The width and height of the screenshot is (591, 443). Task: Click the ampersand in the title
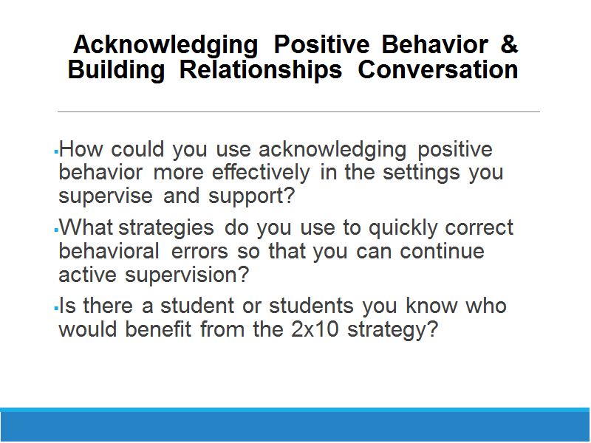(x=509, y=44)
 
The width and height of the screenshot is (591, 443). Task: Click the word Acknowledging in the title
(x=165, y=46)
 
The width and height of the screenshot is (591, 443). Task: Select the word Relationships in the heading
(x=261, y=71)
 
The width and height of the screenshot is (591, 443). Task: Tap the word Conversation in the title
(x=438, y=69)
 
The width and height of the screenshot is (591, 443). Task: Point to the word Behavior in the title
(x=435, y=44)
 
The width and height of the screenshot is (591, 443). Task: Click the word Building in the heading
(x=116, y=71)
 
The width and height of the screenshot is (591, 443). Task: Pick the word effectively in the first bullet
(x=261, y=174)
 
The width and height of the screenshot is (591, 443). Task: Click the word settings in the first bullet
(x=421, y=174)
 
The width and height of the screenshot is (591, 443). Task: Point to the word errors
(x=199, y=252)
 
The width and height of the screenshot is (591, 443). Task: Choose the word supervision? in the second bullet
(x=188, y=275)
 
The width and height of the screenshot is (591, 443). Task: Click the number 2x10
(x=315, y=329)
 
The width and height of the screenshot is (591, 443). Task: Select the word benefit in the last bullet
(x=158, y=329)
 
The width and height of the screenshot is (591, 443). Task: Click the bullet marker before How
(x=56, y=152)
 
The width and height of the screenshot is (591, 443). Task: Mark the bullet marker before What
(x=56, y=230)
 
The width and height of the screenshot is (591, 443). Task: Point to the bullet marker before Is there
(x=56, y=309)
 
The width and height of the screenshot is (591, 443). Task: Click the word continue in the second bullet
(x=442, y=251)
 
